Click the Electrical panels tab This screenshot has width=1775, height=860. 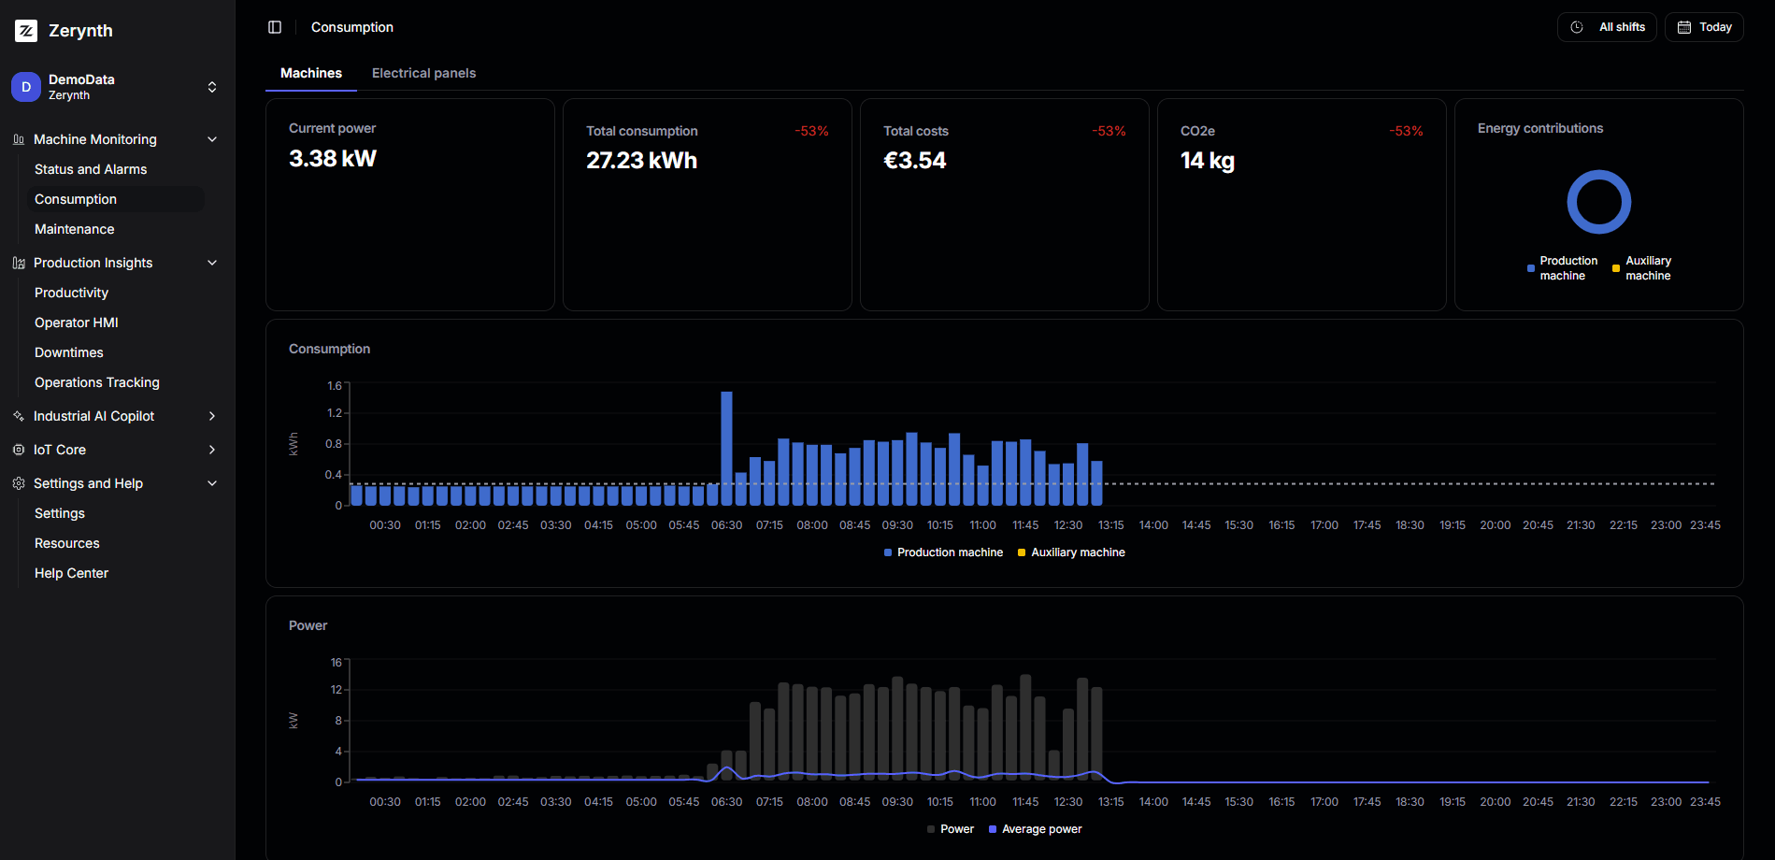coord(423,73)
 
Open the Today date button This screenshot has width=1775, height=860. coord(1704,27)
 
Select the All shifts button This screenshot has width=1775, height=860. coord(1607,27)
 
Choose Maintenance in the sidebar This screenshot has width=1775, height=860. coord(75,229)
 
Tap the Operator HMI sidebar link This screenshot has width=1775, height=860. coord(77,322)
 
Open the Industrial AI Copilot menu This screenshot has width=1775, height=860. coord(93,416)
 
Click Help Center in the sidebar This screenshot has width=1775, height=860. coord(71,573)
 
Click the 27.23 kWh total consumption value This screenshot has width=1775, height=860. coord(641,161)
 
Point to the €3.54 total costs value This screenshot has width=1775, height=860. coord(914,161)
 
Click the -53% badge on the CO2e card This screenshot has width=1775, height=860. coord(1406,131)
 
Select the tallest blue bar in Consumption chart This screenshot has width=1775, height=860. coord(726,439)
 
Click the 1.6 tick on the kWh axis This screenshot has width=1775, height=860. coord(334,385)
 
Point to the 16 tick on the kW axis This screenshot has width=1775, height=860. coord(336,663)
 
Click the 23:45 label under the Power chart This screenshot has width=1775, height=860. coord(1705,802)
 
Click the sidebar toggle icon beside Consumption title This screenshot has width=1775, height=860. coord(275,27)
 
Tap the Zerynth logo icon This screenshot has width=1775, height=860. coord(26,31)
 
